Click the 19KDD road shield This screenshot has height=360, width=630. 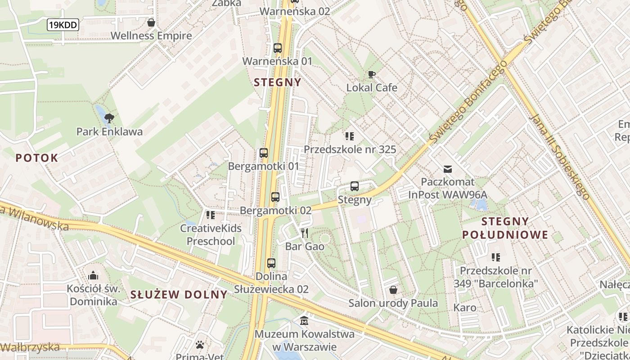pos(63,25)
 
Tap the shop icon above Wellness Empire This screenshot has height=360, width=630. pos(151,22)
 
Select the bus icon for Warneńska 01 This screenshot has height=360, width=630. pos(277,48)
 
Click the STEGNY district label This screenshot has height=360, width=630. pos(277,82)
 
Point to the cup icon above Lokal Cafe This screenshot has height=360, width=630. pos(371,75)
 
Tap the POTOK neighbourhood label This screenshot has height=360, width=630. pos(37,158)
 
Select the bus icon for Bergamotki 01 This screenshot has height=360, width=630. pos(264,153)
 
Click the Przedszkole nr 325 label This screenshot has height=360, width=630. pos(350,149)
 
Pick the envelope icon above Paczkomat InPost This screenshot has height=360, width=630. pos(447,169)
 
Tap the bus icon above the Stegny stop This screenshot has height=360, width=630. pos(355,186)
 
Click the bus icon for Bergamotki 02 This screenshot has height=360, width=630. pos(275,197)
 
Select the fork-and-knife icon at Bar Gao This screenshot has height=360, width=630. pos(305,233)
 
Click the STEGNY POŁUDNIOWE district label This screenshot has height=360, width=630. pos(505,228)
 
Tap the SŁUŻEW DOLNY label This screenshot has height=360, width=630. pos(179,295)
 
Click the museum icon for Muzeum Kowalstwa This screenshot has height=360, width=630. pos(304,321)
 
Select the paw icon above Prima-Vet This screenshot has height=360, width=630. pos(200,345)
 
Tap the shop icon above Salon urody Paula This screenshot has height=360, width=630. pos(393,290)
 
